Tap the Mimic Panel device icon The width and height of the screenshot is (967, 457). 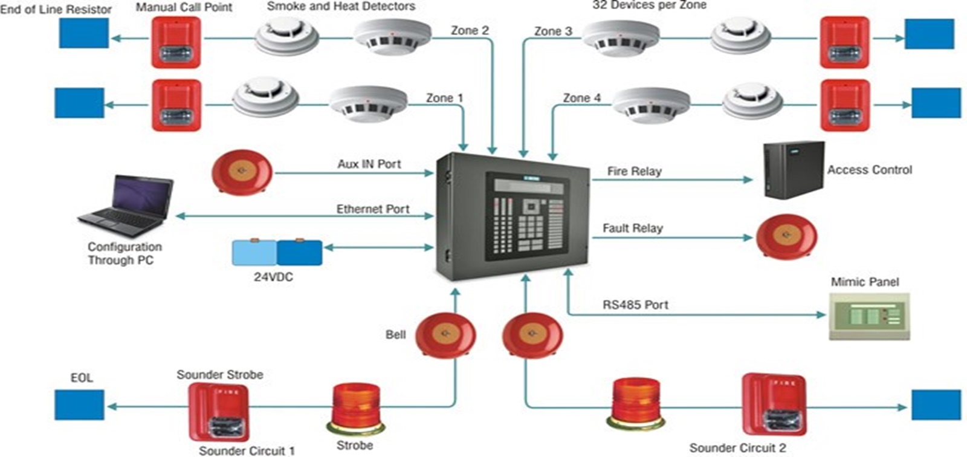pos(869,316)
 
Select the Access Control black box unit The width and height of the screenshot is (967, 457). pos(793,170)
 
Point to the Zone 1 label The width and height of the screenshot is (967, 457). pos(444,98)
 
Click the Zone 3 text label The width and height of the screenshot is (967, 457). pos(552,31)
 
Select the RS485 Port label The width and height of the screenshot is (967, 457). pos(635,305)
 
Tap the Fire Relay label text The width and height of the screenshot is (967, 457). pos(634,171)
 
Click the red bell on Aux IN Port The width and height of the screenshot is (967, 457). pos(242,172)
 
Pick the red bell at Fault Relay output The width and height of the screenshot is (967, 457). pos(786,236)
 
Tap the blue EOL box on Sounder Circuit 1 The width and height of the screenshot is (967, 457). pos(79,405)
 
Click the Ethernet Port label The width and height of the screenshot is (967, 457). pos(372,209)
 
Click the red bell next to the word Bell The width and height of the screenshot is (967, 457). pos(445,334)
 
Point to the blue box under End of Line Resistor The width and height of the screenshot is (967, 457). pos(84,33)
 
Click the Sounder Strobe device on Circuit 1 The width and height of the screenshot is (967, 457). pos(219,411)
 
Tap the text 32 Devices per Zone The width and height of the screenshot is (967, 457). pos(648,5)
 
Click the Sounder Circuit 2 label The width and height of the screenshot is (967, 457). pos(737,448)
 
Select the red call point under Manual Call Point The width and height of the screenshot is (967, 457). pos(176,42)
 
